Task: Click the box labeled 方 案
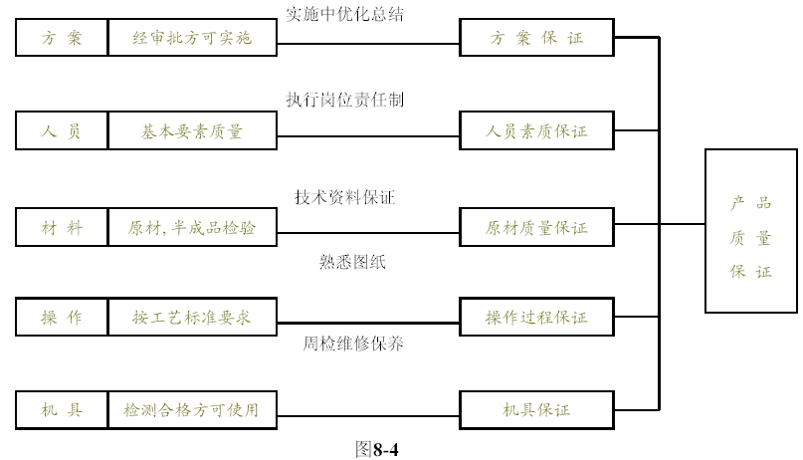pos(62,38)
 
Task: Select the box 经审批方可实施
pos(193,38)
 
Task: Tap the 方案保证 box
pos(536,38)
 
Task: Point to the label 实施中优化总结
pos(344,14)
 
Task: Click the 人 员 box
pos(62,130)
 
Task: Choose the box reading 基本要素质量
pos(193,130)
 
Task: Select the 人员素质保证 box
pos(536,130)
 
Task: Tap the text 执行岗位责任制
pos(344,100)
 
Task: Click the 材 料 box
pos(62,227)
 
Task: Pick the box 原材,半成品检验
pos(193,227)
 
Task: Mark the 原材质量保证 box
pos(536,227)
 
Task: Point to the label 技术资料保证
pos(344,197)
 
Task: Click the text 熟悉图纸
pos(352,262)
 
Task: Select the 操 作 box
pos(62,317)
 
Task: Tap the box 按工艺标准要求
pos(193,317)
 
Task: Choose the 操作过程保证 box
pos(536,317)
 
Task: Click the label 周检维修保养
pos(353,344)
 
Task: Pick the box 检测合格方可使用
pos(193,410)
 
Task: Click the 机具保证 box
pos(536,410)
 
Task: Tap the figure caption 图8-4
pos(377,449)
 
